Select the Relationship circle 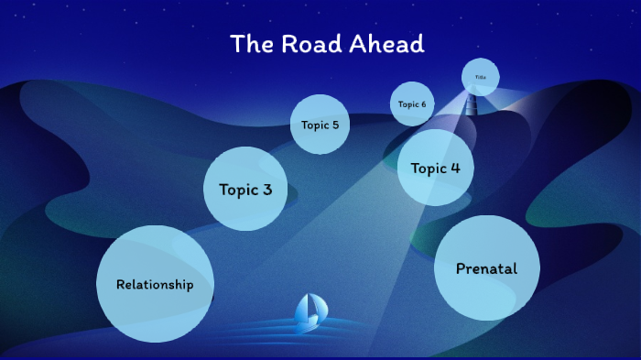coord(155,284)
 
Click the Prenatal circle coord(486,268)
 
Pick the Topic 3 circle coord(245,189)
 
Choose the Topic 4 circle coord(436,168)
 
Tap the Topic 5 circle coord(320,125)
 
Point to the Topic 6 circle coord(412,104)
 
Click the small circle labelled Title coord(480,77)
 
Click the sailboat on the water coord(308,314)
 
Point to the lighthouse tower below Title coord(473,104)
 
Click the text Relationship coord(155,285)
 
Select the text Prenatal coord(486,269)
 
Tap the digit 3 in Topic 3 coord(266,191)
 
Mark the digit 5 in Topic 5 coord(335,125)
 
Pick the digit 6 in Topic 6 coord(423,104)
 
